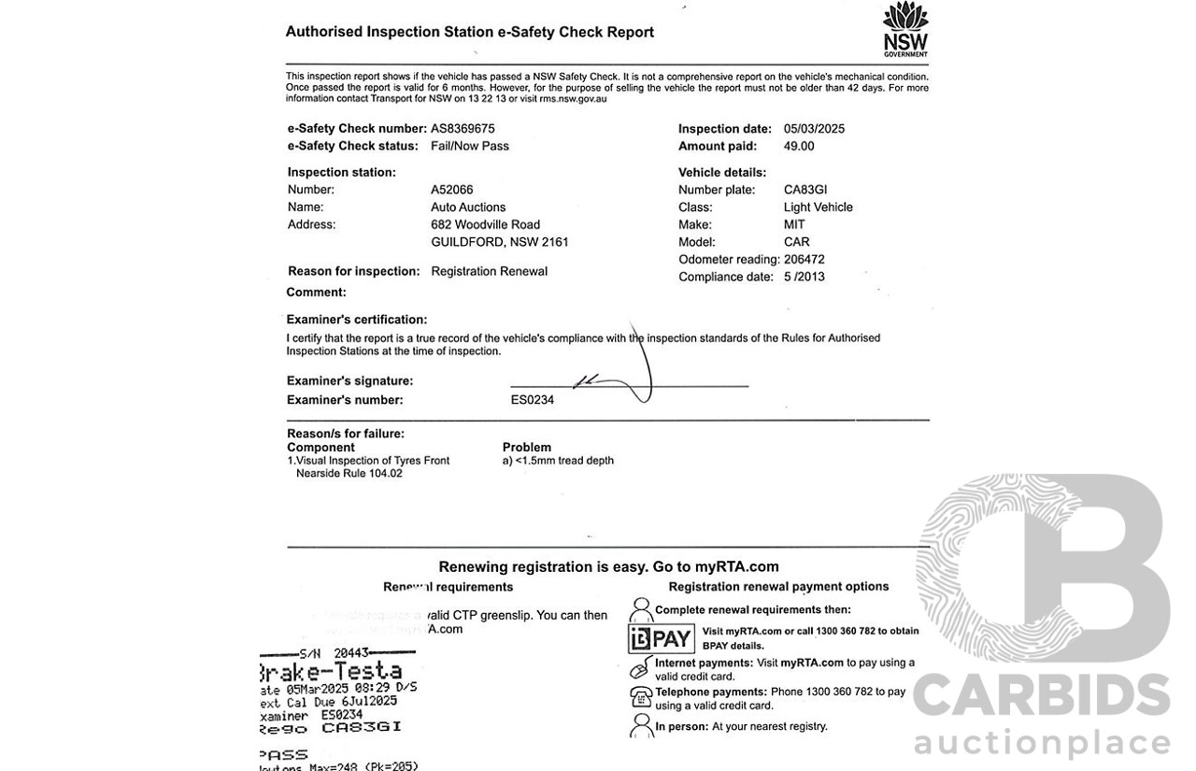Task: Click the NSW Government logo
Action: point(905,29)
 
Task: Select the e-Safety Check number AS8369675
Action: point(463,129)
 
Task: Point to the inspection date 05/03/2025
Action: point(814,129)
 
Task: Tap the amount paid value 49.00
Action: point(799,146)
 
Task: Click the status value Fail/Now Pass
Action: point(470,146)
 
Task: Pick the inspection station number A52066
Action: point(452,190)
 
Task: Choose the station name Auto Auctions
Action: point(468,207)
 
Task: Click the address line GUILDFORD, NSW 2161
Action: point(500,242)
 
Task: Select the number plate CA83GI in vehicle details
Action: point(805,190)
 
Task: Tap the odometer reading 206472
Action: point(804,260)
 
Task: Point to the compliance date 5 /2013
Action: point(804,277)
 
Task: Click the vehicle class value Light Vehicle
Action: point(819,207)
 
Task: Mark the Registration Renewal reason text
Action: point(490,271)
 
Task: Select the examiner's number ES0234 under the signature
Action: point(533,400)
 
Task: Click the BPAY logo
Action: point(661,639)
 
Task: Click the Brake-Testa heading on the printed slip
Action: point(330,671)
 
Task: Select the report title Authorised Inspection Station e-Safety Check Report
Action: point(470,32)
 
